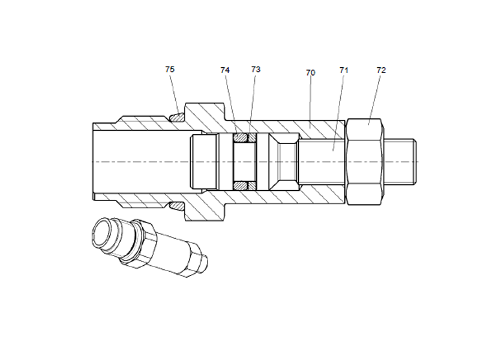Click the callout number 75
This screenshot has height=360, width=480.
pyautogui.click(x=170, y=70)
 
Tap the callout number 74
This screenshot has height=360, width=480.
pyautogui.click(x=225, y=70)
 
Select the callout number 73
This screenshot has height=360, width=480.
pyautogui.click(x=256, y=70)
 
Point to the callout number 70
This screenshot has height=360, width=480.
pyautogui.click(x=310, y=73)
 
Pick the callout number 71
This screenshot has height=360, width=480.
pyautogui.click(x=344, y=70)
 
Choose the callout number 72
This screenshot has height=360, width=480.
pyautogui.click(x=381, y=70)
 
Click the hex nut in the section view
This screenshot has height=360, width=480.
pyautogui.click(x=364, y=161)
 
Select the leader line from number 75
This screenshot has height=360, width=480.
pyautogui.click(x=173, y=93)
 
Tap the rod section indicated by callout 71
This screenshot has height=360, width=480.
pyautogui.click(x=321, y=161)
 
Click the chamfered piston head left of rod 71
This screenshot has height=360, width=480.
pyautogui.click(x=283, y=161)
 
